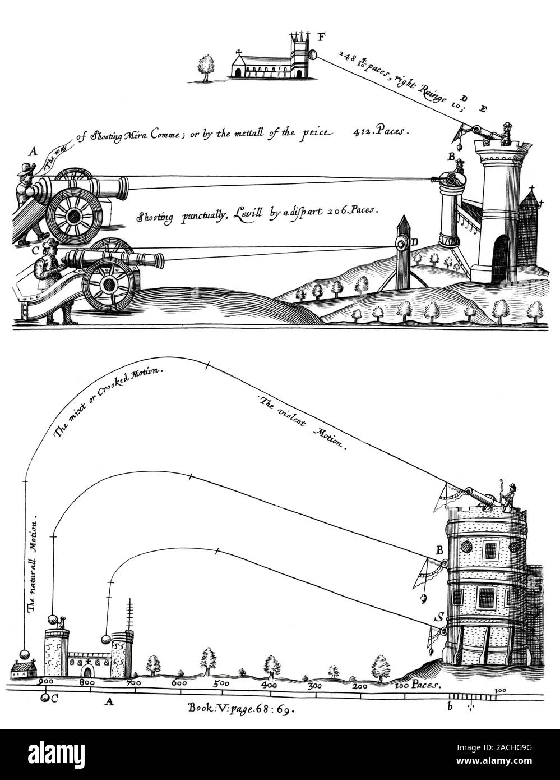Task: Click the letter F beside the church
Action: coord(321,39)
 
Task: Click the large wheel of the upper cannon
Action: coord(73,217)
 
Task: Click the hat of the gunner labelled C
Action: coord(49,244)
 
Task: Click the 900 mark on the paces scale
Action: coord(44,683)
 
